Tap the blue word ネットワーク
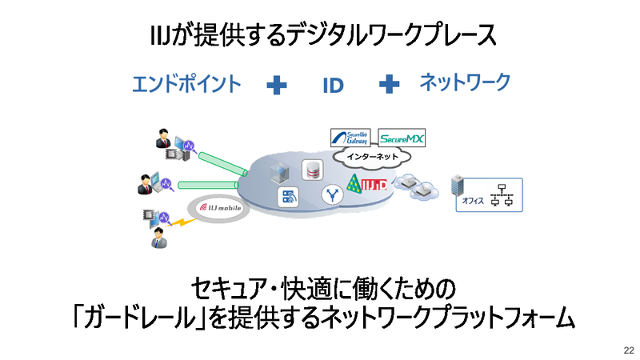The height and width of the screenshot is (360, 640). click(464, 82)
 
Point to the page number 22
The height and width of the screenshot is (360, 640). click(628, 350)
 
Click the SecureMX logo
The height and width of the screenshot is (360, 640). click(402, 138)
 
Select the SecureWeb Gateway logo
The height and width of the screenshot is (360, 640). click(351, 138)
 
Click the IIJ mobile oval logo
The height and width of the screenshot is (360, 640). click(221, 208)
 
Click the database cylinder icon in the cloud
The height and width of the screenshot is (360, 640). click(310, 170)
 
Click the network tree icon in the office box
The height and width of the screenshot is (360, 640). click(504, 194)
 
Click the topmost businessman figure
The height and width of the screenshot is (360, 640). click(163, 142)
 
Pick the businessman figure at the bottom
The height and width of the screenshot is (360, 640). click(159, 238)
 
